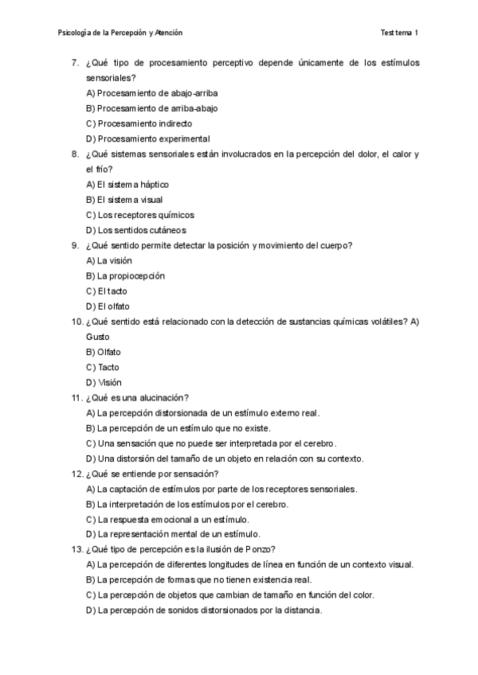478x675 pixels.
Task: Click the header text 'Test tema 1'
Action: pos(399,33)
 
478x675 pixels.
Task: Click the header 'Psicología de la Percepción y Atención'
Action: pos(120,33)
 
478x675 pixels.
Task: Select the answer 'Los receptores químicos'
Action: pos(139,215)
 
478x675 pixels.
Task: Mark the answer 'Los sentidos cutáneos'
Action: pos(136,230)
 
